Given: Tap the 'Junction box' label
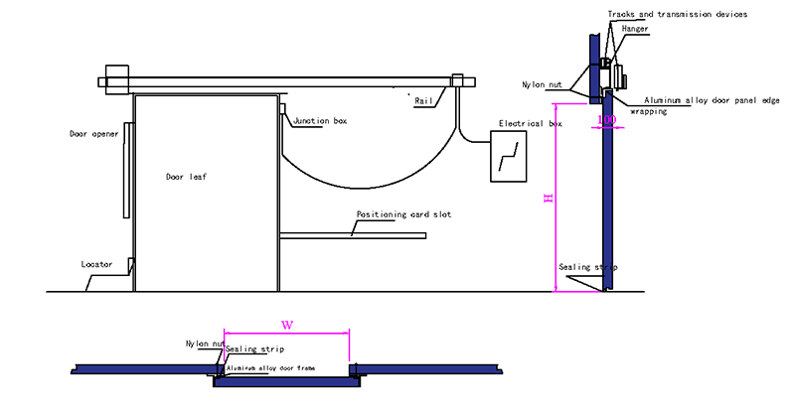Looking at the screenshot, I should [x=319, y=121].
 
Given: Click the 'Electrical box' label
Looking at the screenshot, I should [x=529, y=124].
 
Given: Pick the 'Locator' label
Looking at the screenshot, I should [x=97, y=265].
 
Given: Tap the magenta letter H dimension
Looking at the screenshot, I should [x=546, y=199].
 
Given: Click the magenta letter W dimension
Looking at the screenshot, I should [x=287, y=323].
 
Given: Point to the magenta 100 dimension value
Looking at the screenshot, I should [x=606, y=119].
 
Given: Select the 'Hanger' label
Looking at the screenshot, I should [x=635, y=30].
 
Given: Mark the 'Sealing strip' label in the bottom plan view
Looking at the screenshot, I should [x=255, y=350].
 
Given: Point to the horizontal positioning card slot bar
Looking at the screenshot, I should [x=353, y=235].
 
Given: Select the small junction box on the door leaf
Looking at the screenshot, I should [x=283, y=108].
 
